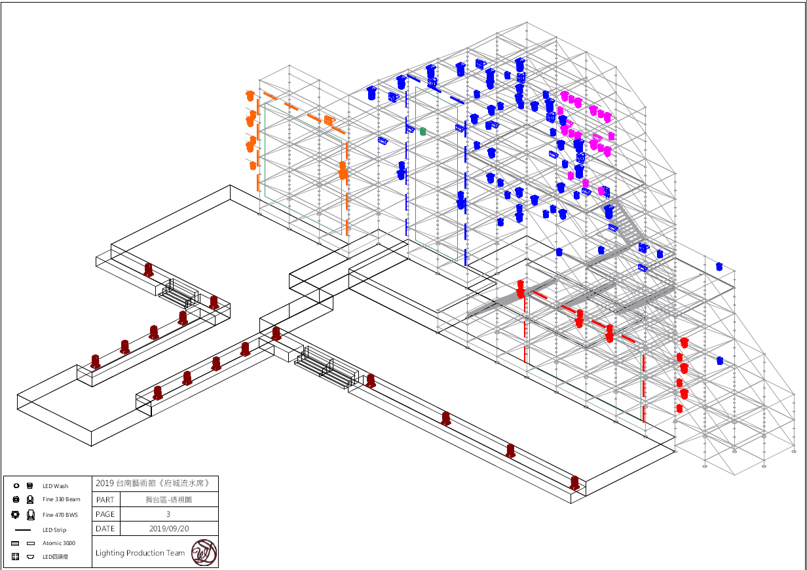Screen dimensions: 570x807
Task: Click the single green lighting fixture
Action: [422, 131]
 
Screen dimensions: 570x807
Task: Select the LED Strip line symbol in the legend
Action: [23, 529]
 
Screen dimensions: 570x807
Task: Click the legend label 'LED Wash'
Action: [56, 486]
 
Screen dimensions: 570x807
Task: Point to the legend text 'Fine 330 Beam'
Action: [62, 499]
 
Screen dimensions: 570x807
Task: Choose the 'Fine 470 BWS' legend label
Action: [60, 514]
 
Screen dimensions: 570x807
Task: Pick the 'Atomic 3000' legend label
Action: [59, 543]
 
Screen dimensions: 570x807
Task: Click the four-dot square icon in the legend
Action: [16, 556]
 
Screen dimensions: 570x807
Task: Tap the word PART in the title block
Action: [105, 500]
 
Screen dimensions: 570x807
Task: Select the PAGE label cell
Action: [105, 514]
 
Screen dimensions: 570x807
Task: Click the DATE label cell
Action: [105, 529]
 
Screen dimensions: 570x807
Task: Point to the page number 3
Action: [168, 514]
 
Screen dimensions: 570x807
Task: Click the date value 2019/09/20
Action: [168, 529]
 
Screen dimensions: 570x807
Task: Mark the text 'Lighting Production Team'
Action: [140, 553]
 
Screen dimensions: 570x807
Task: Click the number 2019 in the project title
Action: [105, 484]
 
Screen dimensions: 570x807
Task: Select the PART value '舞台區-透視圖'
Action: [168, 500]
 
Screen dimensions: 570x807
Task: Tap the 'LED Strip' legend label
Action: [54, 530]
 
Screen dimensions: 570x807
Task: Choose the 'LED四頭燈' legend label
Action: [56, 556]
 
